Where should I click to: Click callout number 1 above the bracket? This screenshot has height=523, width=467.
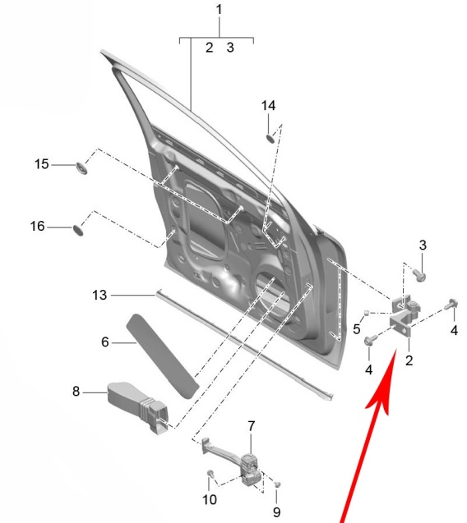click(x=220, y=9)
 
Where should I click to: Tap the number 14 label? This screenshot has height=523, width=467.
click(x=268, y=106)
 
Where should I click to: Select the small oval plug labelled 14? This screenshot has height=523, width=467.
click(x=270, y=138)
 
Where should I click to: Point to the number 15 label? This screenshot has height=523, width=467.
click(x=42, y=164)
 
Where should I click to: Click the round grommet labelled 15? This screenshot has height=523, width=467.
click(x=82, y=167)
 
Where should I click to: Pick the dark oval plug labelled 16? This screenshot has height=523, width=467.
click(x=78, y=230)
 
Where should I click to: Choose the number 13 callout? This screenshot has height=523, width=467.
click(x=99, y=296)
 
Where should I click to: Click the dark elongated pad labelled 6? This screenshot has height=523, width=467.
click(x=163, y=356)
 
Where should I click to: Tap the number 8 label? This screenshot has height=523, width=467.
click(x=76, y=392)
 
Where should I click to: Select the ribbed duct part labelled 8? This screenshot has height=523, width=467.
click(x=137, y=407)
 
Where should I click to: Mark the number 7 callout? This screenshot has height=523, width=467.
click(x=252, y=426)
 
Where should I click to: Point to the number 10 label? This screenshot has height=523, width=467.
click(x=210, y=500)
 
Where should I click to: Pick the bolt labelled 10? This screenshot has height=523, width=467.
click(x=210, y=474)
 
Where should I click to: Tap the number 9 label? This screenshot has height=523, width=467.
click(x=276, y=512)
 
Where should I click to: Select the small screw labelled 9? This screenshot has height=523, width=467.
click(x=277, y=484)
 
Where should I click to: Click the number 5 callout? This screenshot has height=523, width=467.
click(x=357, y=329)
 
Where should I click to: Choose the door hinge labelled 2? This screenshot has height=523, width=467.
click(x=405, y=315)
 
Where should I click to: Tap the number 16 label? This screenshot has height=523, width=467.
click(x=37, y=226)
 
